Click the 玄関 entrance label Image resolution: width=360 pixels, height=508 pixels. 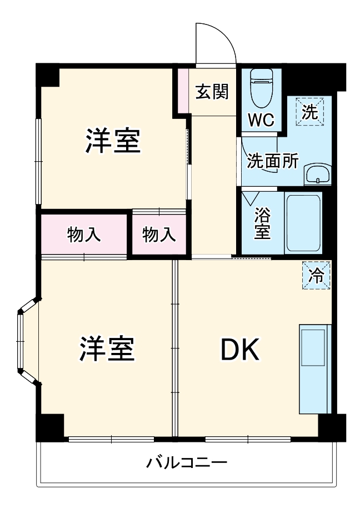point(212,92)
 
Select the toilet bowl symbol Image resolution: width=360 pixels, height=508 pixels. point(261,89)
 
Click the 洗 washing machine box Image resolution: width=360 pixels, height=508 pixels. point(309,112)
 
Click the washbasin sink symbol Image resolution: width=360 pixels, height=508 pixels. point(317,175)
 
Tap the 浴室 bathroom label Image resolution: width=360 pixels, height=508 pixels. point(263,223)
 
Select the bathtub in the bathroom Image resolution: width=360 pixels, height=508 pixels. point(304,223)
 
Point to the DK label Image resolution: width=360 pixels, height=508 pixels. point(239,349)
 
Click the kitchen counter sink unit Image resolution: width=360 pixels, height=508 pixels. point(314,368)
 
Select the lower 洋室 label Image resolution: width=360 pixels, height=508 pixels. point(107,348)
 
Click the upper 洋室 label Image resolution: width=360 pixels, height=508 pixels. point(112,141)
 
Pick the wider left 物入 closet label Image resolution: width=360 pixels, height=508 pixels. point(84,235)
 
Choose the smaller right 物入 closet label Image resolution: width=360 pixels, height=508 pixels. point(159,235)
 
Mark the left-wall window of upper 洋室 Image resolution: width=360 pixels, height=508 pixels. point(38,161)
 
